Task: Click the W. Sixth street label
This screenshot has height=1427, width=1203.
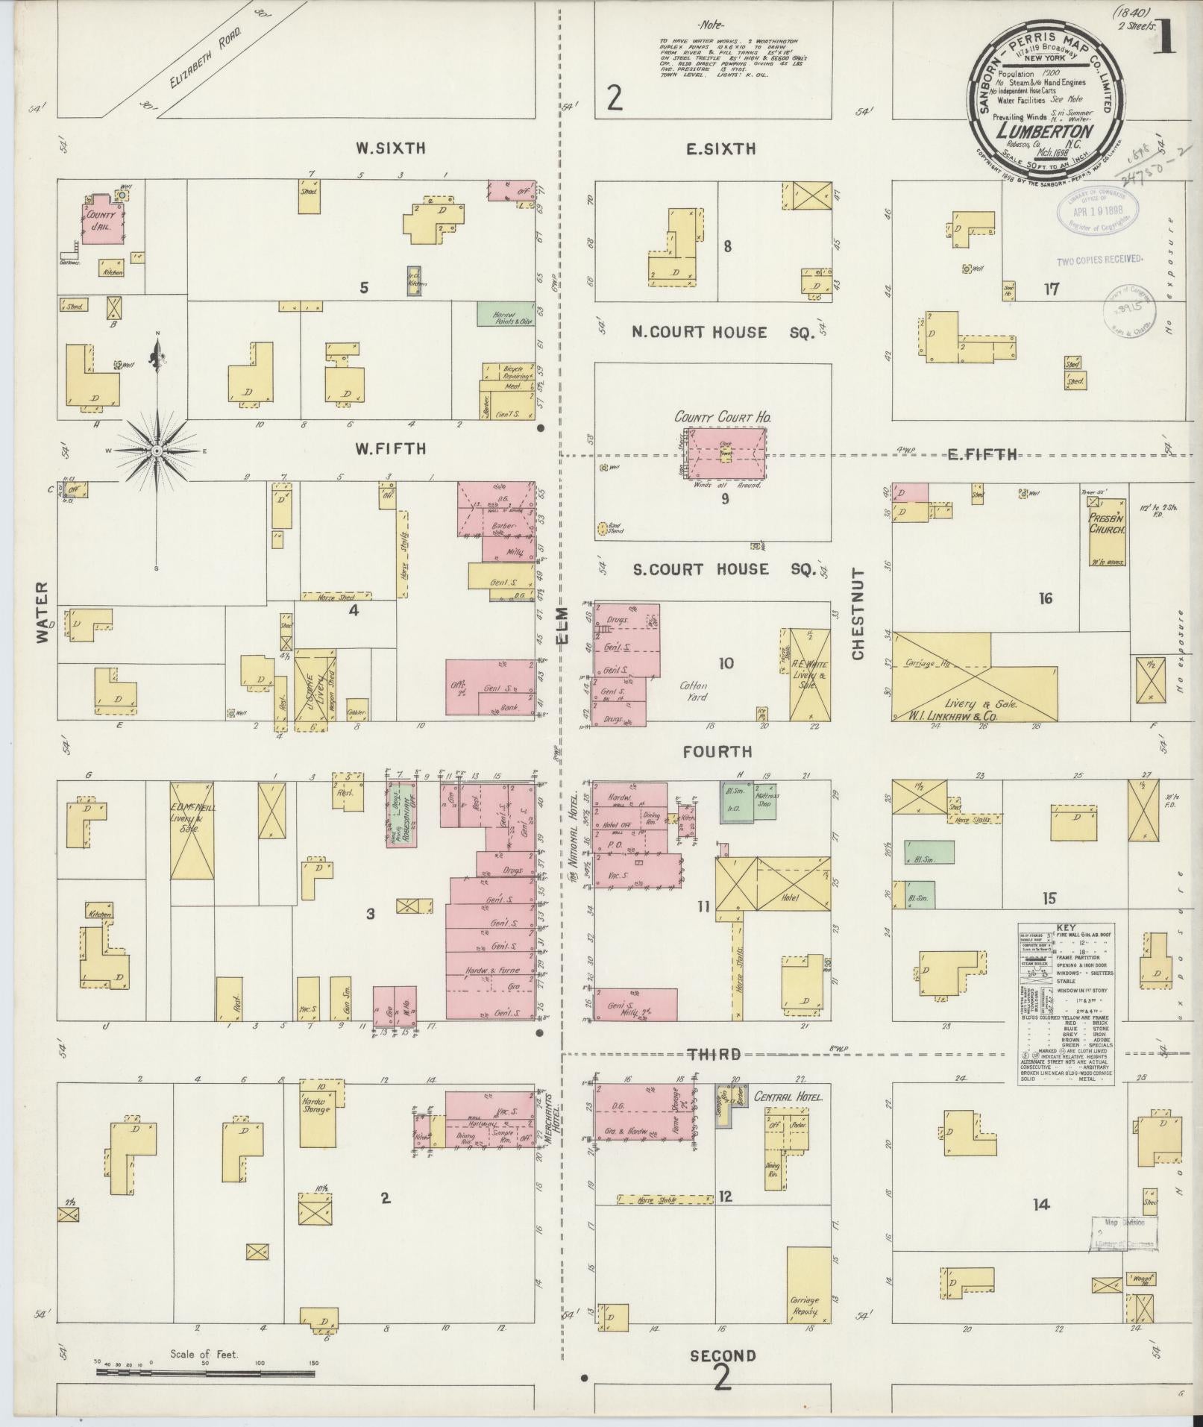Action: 390,148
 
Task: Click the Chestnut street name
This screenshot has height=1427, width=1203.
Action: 857,614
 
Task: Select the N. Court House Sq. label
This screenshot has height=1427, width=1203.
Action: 721,333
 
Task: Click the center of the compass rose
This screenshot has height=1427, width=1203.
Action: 157,451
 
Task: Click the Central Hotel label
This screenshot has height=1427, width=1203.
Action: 788,1097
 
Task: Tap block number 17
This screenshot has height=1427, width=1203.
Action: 1052,289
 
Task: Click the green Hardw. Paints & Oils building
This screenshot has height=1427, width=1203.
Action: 506,313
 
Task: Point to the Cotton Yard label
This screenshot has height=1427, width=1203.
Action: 693,691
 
